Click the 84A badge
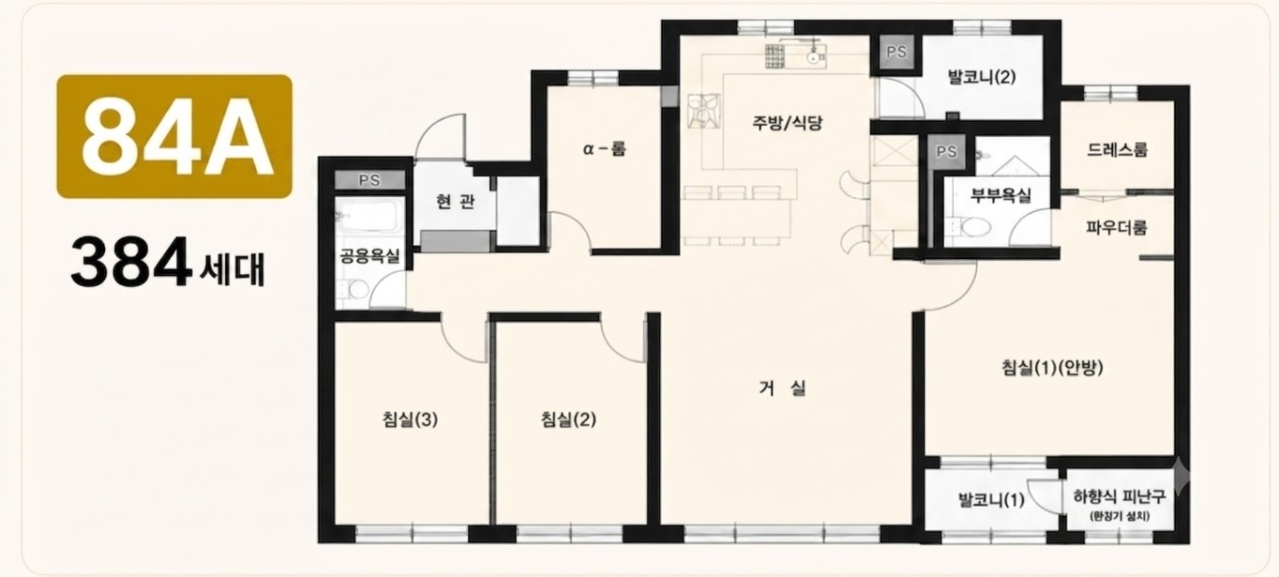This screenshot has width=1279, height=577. coord(174,137)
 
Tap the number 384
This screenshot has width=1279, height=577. coord(131,263)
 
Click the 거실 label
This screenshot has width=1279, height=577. coord(782,389)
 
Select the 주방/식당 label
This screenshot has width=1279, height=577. coord(787,123)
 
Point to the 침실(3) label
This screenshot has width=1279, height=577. coord(410,420)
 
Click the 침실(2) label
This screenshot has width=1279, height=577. coord(568,420)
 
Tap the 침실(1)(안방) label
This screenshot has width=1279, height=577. coord(1053,368)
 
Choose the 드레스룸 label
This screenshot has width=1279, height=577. coord(1116,150)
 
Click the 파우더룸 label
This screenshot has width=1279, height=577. coord(1116,228)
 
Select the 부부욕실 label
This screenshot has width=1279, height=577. coord(1001,196)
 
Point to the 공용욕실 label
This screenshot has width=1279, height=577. coord(369,256)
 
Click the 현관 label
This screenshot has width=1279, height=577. coord(455,201)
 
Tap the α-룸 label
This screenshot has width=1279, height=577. coord(604,149)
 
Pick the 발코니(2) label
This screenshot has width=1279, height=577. coord(981,77)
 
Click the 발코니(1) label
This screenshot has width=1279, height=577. coord(991,501)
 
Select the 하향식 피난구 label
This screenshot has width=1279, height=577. coord(1119,496)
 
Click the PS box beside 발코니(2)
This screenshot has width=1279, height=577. coord(896,52)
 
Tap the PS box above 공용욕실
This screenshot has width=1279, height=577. coord(369,180)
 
